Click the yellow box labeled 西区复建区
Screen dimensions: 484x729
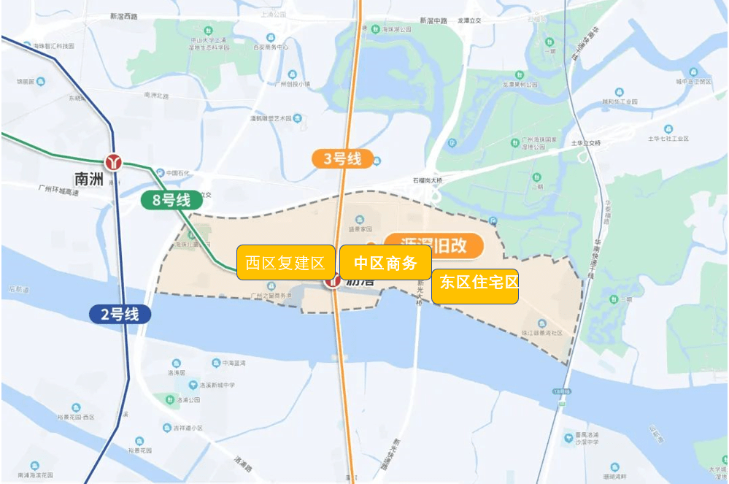coord(285,263)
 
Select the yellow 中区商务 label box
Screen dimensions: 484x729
coord(385,263)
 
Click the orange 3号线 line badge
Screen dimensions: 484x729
coord(342,158)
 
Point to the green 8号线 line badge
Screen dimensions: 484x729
coord(171,199)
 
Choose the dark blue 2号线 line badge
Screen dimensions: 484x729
coord(120,315)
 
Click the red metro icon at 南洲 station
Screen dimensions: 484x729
coord(114,161)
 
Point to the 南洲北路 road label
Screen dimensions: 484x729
coord(156,96)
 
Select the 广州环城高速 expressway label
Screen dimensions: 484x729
coord(58,188)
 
